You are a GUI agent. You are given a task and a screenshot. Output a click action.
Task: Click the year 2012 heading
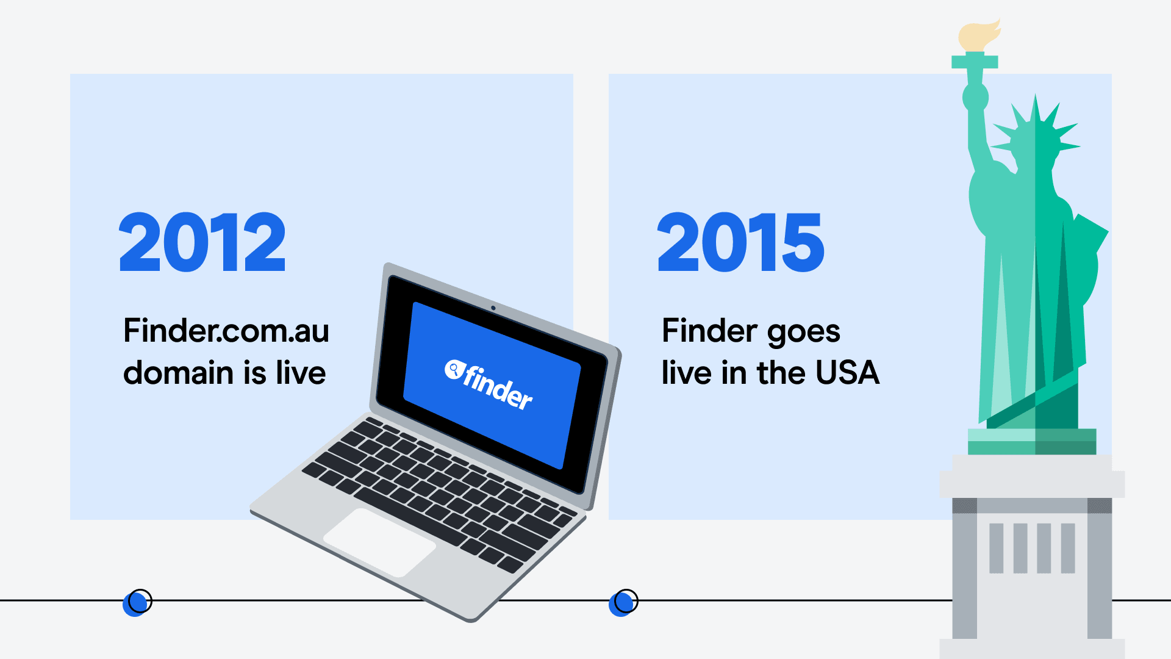point(202,242)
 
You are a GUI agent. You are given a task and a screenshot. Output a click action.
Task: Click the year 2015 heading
point(740,242)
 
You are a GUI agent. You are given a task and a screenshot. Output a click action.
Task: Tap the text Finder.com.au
point(226,331)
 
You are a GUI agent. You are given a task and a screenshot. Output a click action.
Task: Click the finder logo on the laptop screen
point(489,385)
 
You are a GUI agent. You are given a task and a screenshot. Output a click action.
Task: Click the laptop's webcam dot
point(493,308)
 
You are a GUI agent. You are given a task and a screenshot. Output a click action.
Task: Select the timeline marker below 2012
point(137,602)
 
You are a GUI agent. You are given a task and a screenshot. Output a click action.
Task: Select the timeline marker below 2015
point(623,602)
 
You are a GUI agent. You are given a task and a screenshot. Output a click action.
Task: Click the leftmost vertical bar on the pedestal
point(996,548)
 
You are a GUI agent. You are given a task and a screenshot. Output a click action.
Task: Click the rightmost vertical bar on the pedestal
point(1068,548)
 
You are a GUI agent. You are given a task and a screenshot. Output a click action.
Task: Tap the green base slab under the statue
point(1032,442)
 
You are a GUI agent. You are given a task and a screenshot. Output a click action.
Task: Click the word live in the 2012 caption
point(301,373)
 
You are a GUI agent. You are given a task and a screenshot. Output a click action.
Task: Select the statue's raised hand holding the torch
point(975,97)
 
